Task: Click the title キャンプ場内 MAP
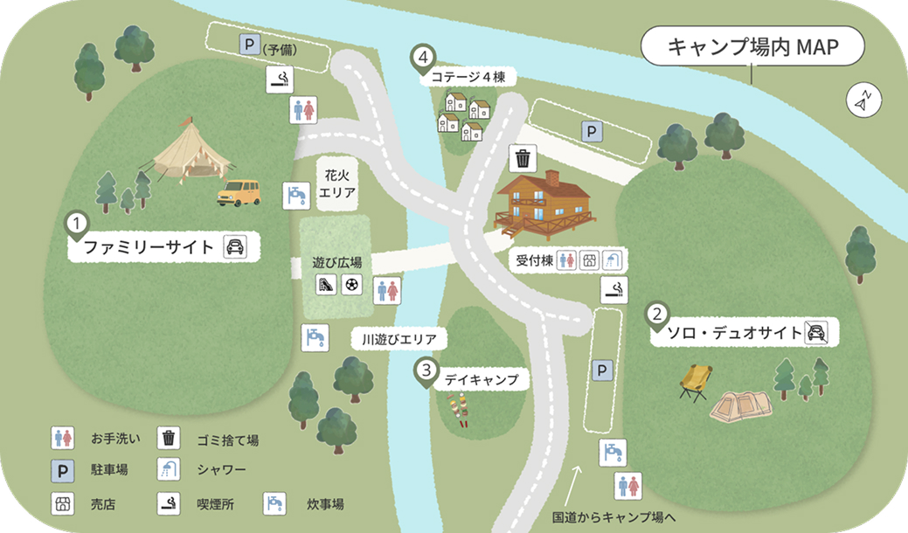[752, 48]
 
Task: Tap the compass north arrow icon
[863, 100]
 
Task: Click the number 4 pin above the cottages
[423, 59]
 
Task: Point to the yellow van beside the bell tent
[239, 192]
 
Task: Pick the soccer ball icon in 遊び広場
[351, 284]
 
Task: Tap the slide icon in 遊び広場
[326, 284]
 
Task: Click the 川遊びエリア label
[399, 338]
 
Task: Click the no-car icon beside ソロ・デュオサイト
[816, 331]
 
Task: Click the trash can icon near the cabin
[522, 158]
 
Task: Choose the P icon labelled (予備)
[249, 44]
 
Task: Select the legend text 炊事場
[325, 504]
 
